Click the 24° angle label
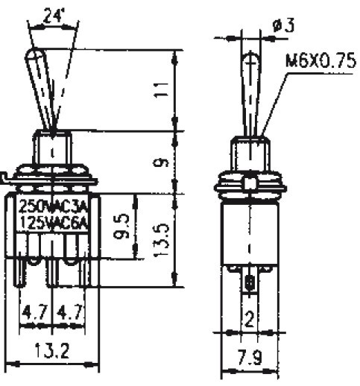(x=52, y=16)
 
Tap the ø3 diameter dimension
(x=283, y=25)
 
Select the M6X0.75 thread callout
(x=320, y=61)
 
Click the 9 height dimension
(x=161, y=163)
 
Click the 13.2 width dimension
(x=52, y=351)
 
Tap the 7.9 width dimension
(x=250, y=357)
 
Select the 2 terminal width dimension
(x=250, y=318)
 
